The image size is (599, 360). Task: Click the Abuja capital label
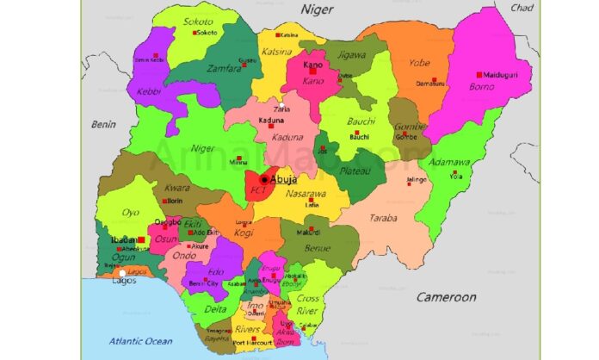point(284,179)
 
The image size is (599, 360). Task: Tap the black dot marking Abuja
point(263,179)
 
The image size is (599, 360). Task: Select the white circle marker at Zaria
point(281,105)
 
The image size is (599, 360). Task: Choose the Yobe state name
point(419,62)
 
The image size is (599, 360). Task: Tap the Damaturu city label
point(428,84)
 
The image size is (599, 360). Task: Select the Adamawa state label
point(450,162)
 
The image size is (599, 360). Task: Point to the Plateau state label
point(353,172)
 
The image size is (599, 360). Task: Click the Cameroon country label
point(446,297)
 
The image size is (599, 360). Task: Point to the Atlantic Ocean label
point(140,342)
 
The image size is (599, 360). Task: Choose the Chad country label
point(522,8)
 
